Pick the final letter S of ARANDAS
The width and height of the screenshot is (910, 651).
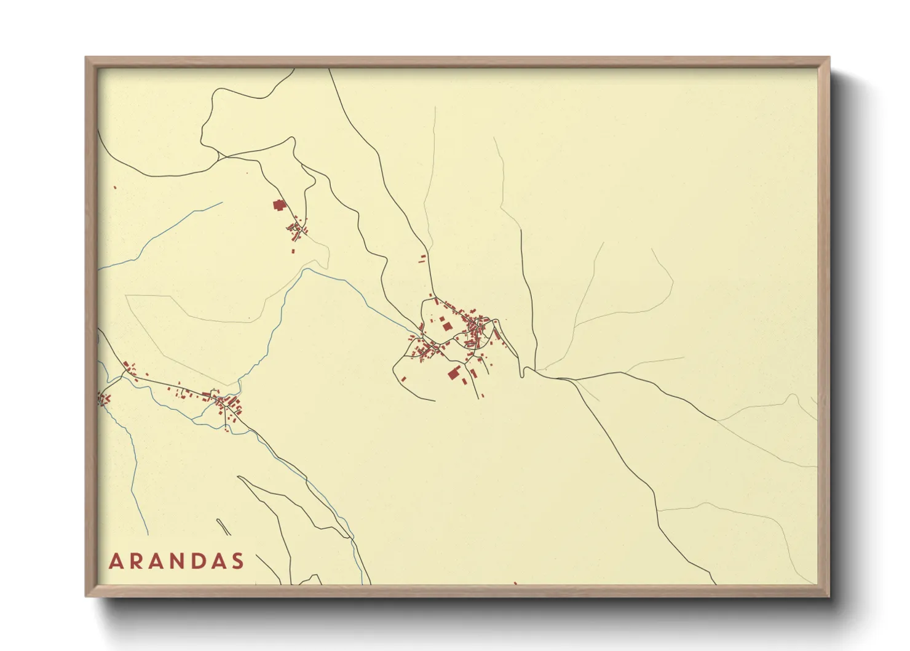pyautogui.click(x=238, y=562)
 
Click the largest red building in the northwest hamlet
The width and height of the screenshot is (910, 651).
pyautogui.click(x=279, y=205)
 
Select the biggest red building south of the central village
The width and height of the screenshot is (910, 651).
pyautogui.click(x=454, y=372)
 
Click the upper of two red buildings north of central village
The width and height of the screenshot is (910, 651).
pyautogui.click(x=423, y=256)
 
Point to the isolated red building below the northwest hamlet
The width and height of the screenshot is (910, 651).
pyautogui.click(x=293, y=251)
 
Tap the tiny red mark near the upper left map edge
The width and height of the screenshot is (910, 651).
pyautogui.click(x=115, y=188)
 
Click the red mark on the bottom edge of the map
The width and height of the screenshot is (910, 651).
pyautogui.click(x=515, y=583)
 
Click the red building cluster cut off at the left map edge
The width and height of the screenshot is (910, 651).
pyautogui.click(x=102, y=400)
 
